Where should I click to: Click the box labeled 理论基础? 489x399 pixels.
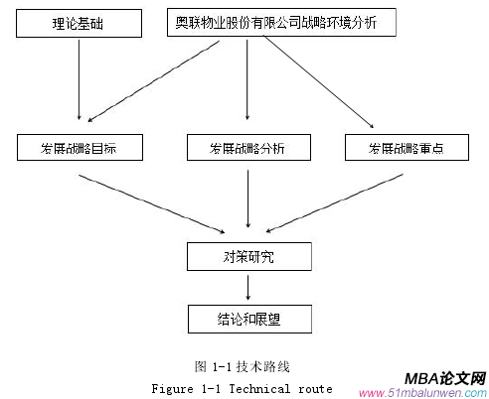coord(78,21)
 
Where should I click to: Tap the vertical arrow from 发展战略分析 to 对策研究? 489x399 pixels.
coord(247,203)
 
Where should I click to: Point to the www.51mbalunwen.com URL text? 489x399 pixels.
coord(421,392)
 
